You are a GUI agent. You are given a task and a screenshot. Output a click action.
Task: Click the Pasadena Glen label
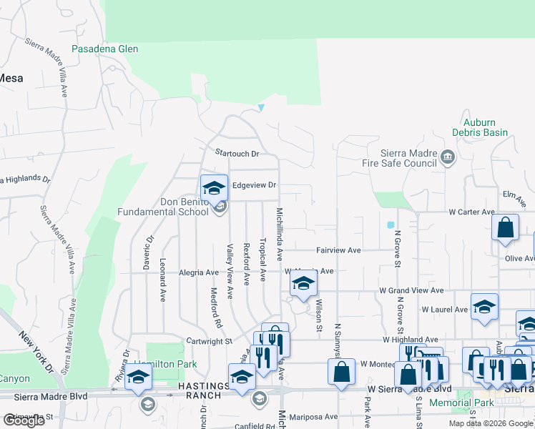pos(105,49)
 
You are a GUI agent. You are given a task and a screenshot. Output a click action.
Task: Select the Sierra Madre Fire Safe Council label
pos(399,158)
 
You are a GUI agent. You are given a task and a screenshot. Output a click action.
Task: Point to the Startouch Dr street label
pos(237,153)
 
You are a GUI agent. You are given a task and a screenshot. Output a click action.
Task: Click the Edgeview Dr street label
pos(254,185)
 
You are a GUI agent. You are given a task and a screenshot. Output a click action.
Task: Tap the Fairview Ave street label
pos(339,251)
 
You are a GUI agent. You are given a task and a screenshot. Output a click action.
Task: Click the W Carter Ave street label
pos(471,212)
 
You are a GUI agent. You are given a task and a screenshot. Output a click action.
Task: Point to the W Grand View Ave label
pos(411,291)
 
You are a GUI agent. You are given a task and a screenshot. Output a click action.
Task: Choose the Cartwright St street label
pos(209,342)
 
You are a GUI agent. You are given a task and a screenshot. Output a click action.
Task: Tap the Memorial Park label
pos(461,403)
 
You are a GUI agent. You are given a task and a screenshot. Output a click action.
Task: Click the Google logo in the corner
pos(24,420)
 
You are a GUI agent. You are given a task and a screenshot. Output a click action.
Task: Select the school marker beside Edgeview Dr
pos(214,188)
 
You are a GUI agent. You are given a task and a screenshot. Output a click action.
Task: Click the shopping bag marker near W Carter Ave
pos(506,227)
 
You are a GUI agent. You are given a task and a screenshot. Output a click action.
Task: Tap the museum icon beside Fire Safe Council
pos(448,157)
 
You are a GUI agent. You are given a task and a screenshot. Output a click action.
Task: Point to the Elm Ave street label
pos(509,194)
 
